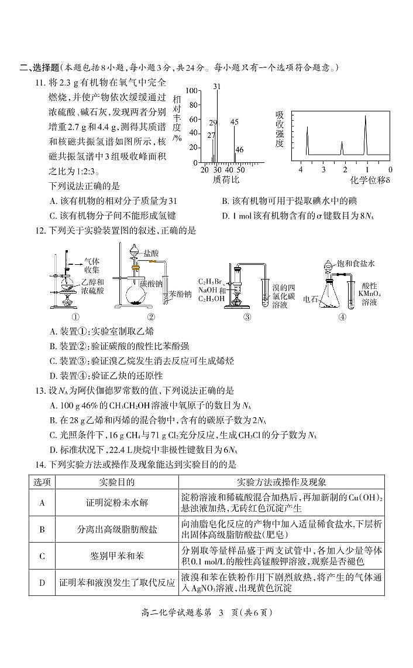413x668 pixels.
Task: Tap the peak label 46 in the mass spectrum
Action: coord(239,150)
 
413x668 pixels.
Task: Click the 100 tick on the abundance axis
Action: coord(191,91)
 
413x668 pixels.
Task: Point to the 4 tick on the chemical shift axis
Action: coord(301,169)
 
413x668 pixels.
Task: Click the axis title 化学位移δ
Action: coord(370,180)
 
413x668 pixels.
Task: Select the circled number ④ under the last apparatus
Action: coord(342,317)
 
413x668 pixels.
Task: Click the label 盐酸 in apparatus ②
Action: coord(151,253)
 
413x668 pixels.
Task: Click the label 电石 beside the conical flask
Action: coord(311,299)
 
